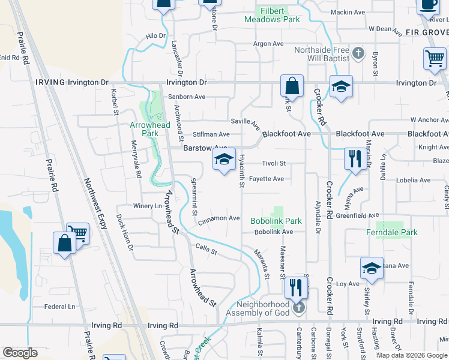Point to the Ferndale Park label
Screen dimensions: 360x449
click(392, 232)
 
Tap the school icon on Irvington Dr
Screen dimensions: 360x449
click(341, 87)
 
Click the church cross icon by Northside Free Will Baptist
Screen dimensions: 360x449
click(358, 53)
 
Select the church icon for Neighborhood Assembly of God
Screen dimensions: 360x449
click(299, 308)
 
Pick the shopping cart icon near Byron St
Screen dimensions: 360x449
click(435, 59)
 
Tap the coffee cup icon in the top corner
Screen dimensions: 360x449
click(429, 5)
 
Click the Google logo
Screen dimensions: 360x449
click(20, 353)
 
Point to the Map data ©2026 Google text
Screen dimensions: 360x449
click(412, 355)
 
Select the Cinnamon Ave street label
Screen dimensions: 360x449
click(220, 218)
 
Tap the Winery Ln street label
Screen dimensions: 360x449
click(148, 206)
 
